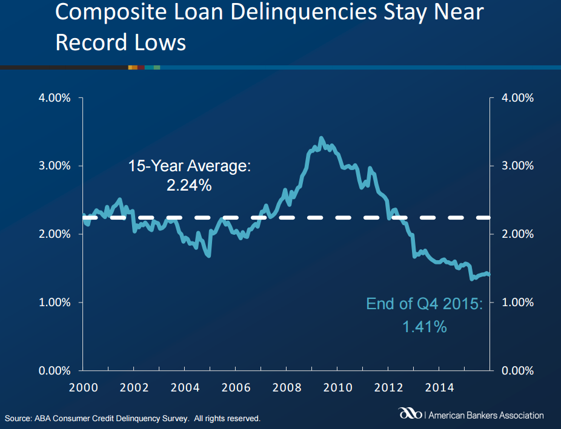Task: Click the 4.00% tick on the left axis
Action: (55, 97)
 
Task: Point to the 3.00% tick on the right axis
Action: (518, 166)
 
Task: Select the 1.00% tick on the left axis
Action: (55, 302)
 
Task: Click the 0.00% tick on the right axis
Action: (518, 370)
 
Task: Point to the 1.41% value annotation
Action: (425, 327)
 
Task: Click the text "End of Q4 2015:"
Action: (424, 303)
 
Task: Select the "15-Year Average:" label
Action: (189, 166)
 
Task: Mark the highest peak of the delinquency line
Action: (321, 139)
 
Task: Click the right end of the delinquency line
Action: (488, 274)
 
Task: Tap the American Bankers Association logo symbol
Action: (410, 415)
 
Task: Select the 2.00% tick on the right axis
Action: (518, 234)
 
